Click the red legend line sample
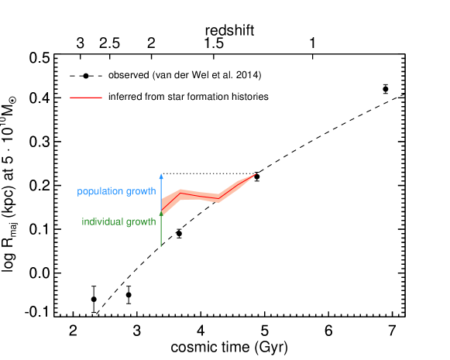pyautogui.click(x=85, y=98)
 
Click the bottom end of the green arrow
pyautogui.click(x=161, y=246)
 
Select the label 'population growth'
pyautogui.click(x=116, y=191)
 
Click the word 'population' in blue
pyautogui.click(x=101, y=191)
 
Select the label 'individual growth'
pyautogui.click(x=119, y=222)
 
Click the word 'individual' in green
pyautogui.click(x=102, y=222)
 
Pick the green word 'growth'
pyautogui.click(x=142, y=222)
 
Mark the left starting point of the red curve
pyautogui.click(x=161, y=211)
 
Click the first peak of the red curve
pyautogui.click(x=180, y=192)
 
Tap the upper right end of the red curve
pyautogui.click(x=255, y=175)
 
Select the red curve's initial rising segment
pyautogui.click(x=170, y=201)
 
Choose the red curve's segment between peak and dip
pyautogui.click(x=199, y=196)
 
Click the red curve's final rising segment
pyautogui.click(x=237, y=186)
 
